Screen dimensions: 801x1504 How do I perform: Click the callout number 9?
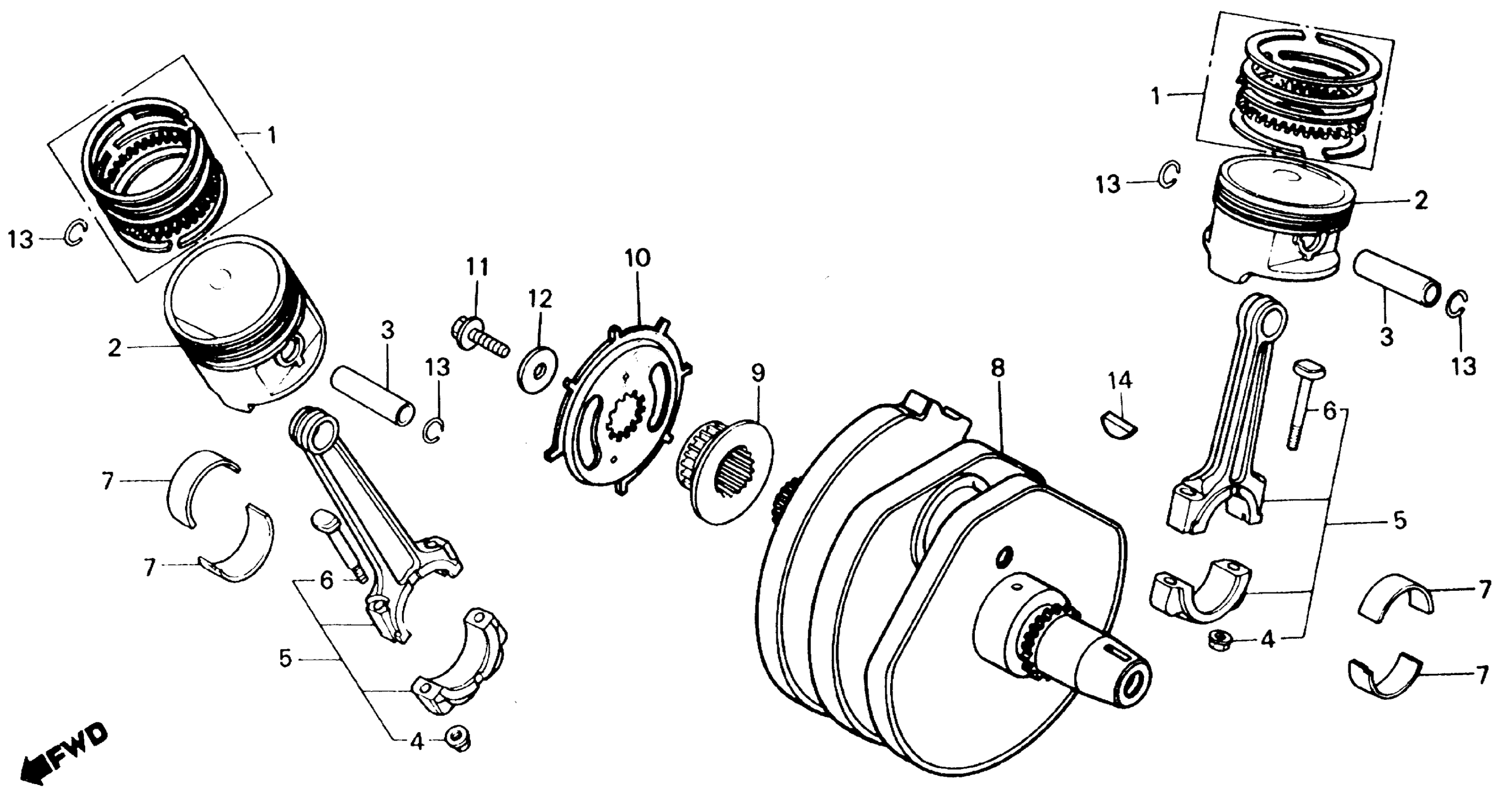pos(758,373)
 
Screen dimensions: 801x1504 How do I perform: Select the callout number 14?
pos(1120,380)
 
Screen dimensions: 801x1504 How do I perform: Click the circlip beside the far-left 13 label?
pos(76,235)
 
